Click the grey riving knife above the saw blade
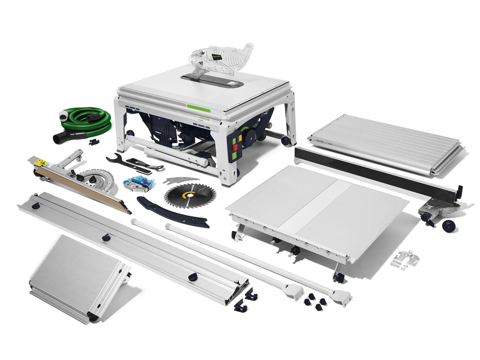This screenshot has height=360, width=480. [180, 180]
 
